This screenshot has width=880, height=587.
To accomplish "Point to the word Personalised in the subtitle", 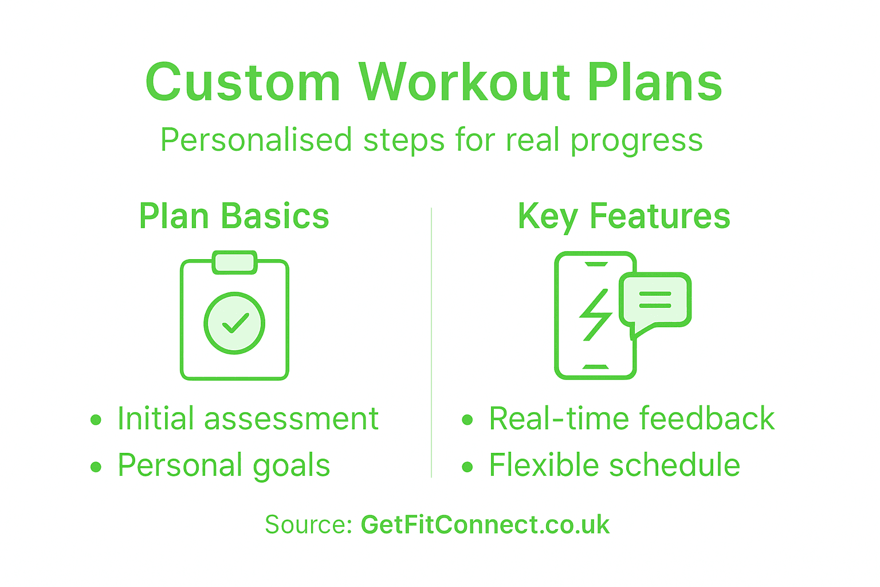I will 256,140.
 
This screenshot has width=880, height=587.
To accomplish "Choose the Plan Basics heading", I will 234,216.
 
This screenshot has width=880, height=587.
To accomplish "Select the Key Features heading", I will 624,216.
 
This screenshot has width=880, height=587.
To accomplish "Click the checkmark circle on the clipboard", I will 234,323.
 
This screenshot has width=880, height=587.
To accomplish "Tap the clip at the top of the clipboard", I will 234,262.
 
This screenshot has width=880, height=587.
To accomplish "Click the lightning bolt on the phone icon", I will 596,315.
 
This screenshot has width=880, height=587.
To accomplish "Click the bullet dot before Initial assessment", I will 96,420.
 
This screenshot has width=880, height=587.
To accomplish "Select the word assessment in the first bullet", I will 291,419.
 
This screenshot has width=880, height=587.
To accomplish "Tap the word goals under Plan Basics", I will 291,466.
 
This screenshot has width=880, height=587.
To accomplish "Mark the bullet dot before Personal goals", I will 96,467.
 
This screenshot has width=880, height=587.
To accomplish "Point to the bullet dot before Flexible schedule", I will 467,467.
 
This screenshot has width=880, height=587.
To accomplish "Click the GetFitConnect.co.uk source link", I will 485,525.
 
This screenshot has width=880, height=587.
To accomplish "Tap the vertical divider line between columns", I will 431,344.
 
